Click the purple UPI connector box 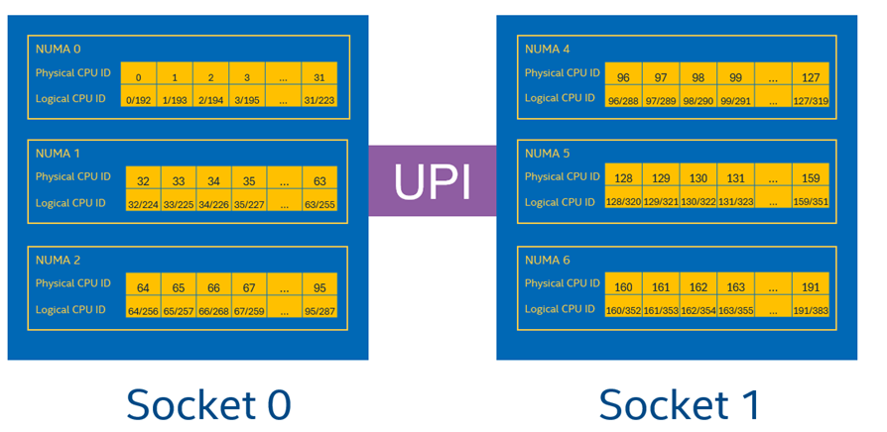click(x=432, y=180)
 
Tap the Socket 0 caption click(x=208, y=403)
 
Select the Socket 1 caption click(x=681, y=403)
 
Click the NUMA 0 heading click(x=58, y=49)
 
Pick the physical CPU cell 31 click(x=318, y=77)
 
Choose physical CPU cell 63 click(x=319, y=181)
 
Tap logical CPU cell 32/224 click(x=143, y=205)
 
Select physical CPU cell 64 click(x=143, y=287)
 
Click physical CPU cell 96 click(x=623, y=77)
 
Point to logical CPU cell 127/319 click(x=811, y=100)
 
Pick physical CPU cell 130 click(x=698, y=178)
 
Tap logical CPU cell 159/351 click(x=811, y=202)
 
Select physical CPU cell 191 click(x=811, y=287)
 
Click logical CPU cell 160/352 click(x=623, y=311)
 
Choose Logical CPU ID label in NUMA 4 click(x=561, y=98)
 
